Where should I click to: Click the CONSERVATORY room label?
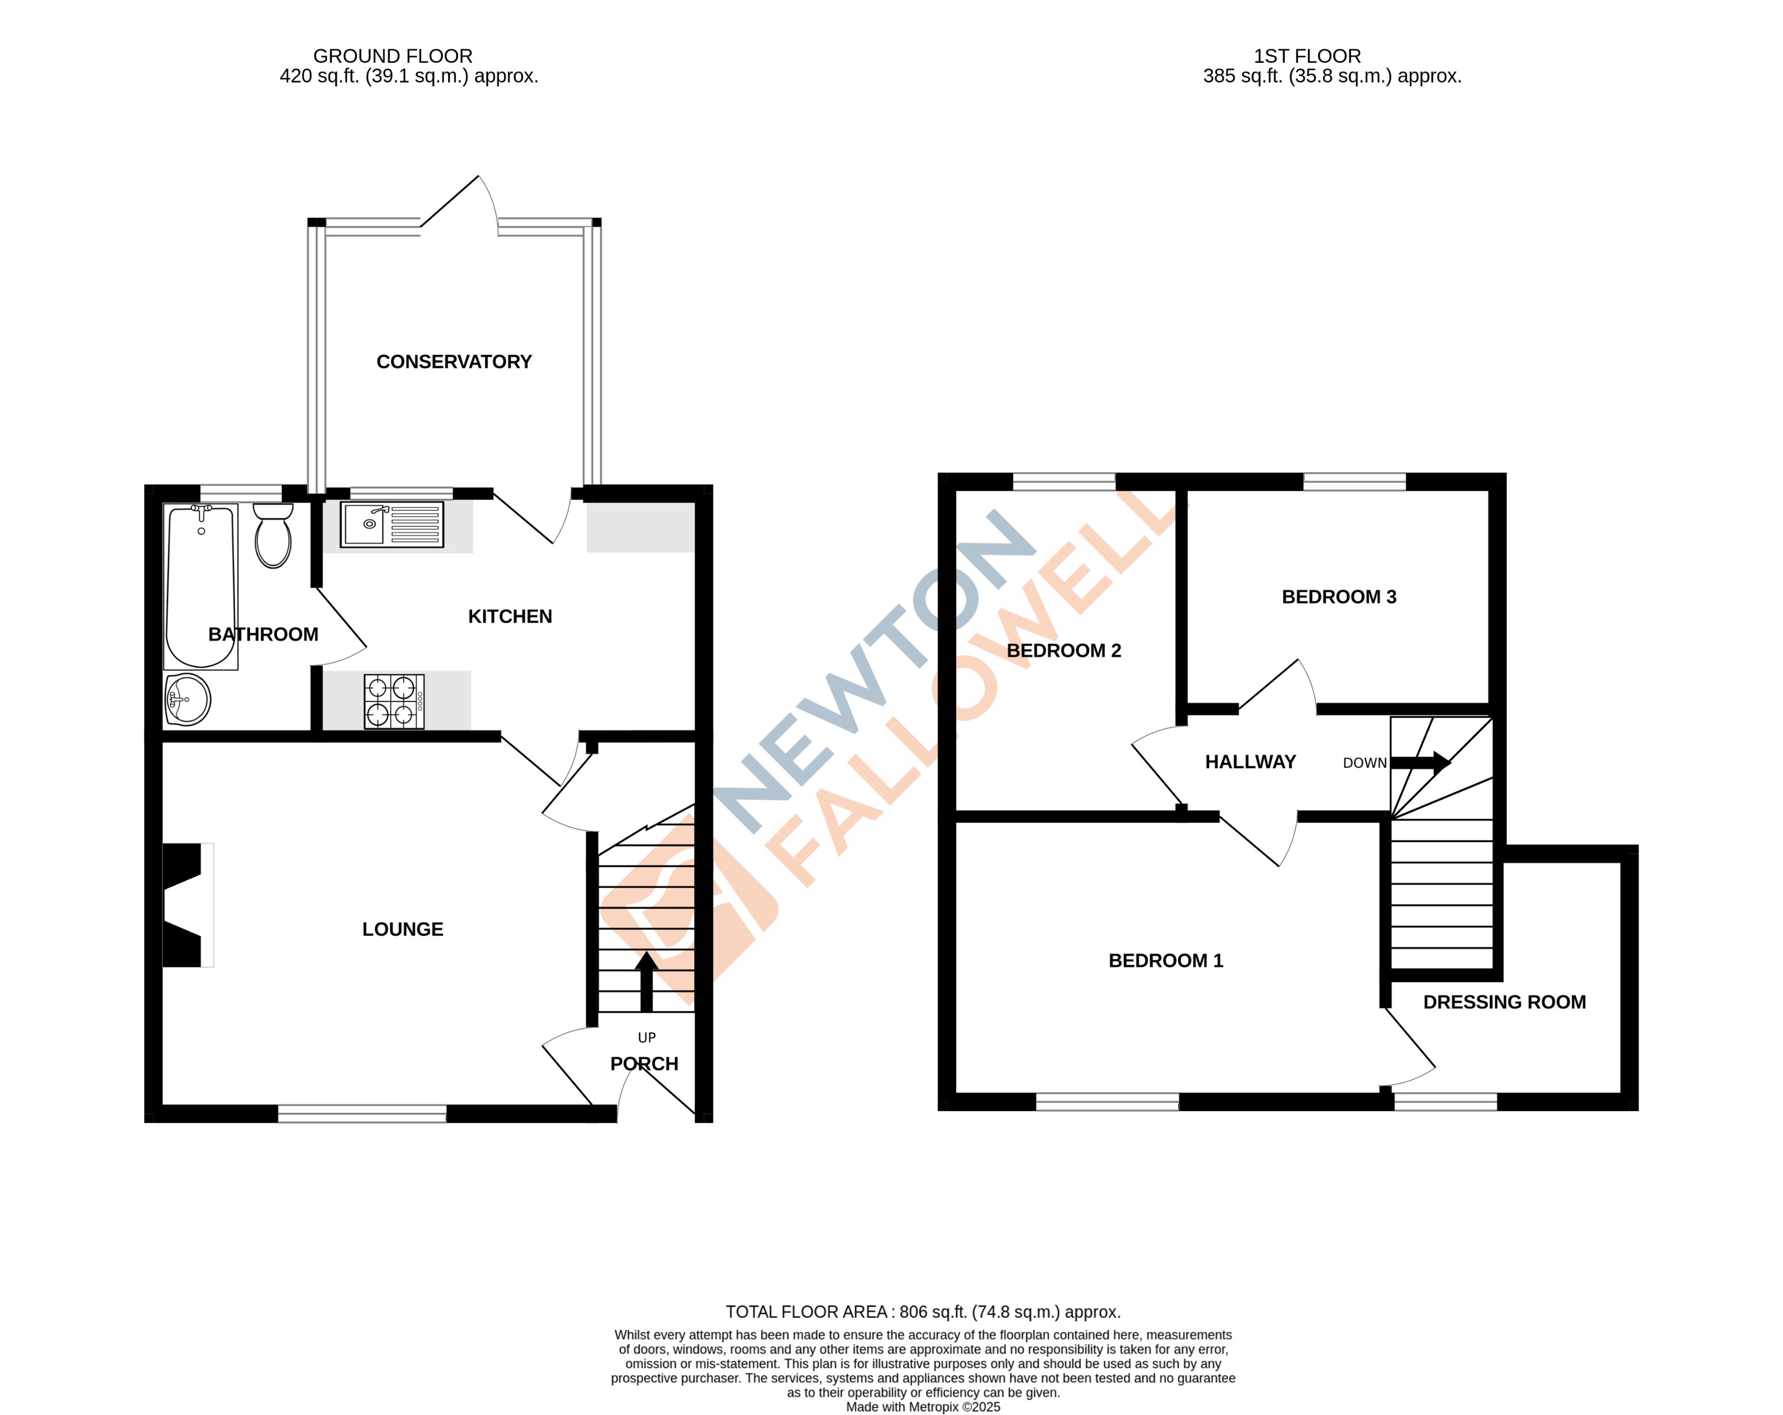point(453,362)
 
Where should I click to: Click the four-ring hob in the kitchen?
point(394,701)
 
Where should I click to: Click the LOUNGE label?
point(402,929)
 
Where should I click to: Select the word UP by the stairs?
point(647,1037)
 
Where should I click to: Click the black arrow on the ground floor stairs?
point(647,980)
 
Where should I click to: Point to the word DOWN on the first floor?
point(1365,763)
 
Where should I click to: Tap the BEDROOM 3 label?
point(1338,596)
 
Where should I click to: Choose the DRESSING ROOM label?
point(1504,1002)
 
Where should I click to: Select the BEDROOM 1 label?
point(1165,960)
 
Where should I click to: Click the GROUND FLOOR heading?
point(393,56)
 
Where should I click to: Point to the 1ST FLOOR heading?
point(1307,56)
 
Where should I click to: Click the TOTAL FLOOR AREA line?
point(923,1312)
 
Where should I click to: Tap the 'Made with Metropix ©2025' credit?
point(923,1407)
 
